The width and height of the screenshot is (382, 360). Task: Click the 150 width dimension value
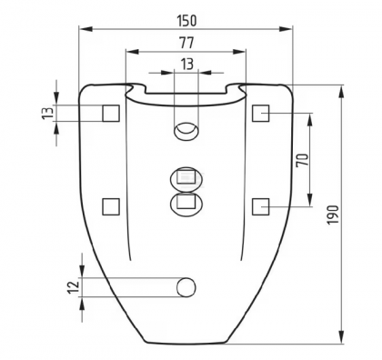[186, 21]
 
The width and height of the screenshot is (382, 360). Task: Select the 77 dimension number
[186, 44]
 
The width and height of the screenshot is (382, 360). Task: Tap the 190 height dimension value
[333, 215]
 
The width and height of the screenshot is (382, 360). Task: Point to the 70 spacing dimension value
[302, 160]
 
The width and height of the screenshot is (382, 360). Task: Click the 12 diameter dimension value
[73, 287]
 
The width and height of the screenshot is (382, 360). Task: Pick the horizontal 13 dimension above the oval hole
[187, 65]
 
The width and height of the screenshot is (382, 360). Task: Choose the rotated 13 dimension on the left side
[48, 113]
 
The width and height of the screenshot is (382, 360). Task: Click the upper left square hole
[111, 114]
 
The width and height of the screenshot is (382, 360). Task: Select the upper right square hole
[260, 113]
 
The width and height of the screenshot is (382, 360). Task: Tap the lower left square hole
[111, 206]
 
